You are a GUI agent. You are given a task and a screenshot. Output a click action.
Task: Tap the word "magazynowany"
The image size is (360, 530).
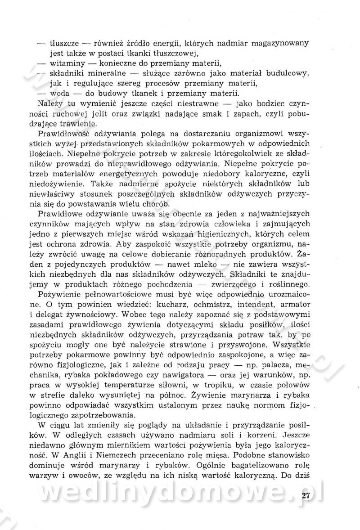coord(279,44)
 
